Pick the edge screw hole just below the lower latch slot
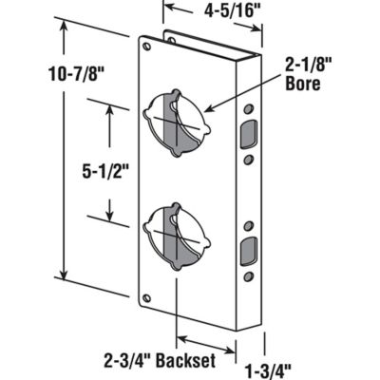248,275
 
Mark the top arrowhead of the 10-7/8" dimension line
64,26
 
